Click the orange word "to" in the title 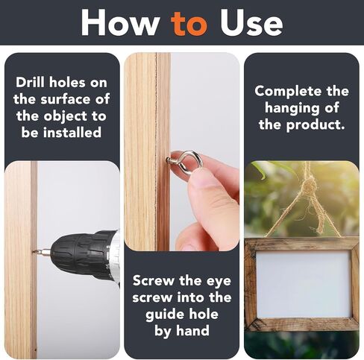(189, 24)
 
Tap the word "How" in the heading (120, 22)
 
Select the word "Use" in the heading (251, 22)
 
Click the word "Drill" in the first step (31, 82)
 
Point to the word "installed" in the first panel (72, 132)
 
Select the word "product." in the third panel (316, 125)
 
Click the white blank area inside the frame (303, 284)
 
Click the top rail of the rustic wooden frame (301, 243)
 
